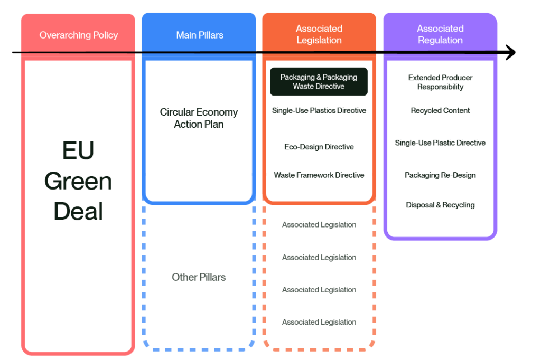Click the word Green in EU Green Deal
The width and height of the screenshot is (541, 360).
coord(78,182)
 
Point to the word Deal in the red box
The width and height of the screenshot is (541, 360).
coord(78,212)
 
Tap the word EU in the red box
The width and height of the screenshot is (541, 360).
coord(78,151)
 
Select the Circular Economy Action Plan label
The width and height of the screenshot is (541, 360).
coord(199,118)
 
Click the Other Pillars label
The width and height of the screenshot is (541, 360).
coord(199,277)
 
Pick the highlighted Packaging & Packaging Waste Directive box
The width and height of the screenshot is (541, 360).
coord(319,82)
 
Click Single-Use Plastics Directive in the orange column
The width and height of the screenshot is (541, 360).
coord(319,111)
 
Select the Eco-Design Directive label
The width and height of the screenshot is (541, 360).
coord(319,147)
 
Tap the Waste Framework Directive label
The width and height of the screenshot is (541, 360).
coord(319,175)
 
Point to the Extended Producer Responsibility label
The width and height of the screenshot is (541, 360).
coord(440,82)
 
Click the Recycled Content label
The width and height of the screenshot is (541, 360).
coord(440,111)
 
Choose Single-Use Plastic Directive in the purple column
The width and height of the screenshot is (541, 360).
coord(440,143)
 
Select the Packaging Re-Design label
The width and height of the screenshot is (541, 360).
coord(440,175)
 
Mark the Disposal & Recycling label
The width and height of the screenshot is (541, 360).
coord(440,205)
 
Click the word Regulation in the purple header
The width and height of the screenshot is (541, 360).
coord(440,40)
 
